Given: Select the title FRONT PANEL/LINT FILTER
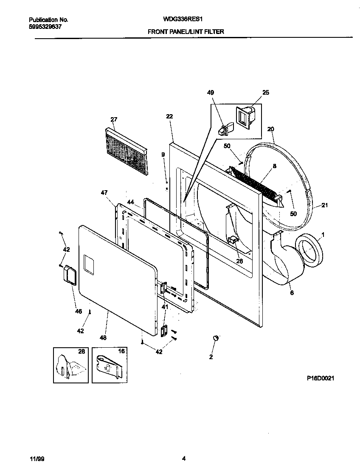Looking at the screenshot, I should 186,31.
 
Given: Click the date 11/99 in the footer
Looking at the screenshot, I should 36,458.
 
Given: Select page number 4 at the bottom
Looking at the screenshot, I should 183,458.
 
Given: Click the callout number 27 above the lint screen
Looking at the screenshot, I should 114,120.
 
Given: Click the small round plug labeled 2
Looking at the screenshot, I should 215,338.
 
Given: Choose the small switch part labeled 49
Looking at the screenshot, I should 225,129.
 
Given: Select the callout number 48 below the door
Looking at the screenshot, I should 103,338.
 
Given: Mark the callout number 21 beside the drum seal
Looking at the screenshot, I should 325,206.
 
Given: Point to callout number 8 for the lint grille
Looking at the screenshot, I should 275,166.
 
